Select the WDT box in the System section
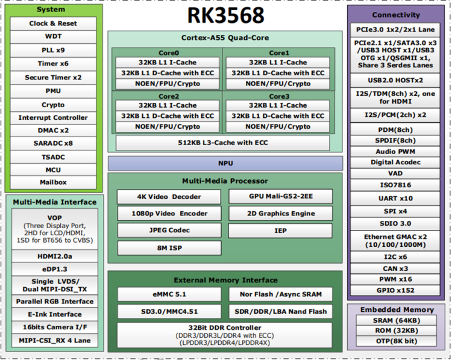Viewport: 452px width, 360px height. point(53,37)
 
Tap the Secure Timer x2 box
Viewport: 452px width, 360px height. point(53,78)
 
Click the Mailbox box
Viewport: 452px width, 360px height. point(53,182)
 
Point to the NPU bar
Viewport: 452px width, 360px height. point(225,163)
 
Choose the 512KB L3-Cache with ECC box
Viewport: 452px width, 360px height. point(223,143)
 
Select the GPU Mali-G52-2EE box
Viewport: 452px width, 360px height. point(281,197)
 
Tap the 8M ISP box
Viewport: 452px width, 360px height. point(169,247)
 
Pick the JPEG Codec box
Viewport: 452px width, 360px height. point(169,231)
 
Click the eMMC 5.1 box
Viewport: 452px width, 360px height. point(169,294)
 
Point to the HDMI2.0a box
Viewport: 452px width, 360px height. point(55,256)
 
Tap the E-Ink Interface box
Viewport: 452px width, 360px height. point(55,314)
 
